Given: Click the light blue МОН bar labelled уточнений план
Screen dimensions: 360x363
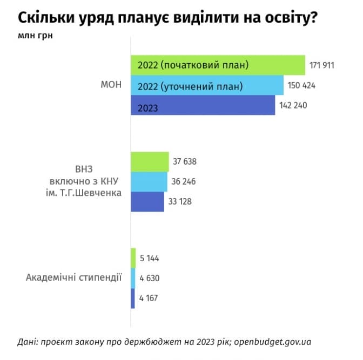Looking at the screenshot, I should click(207, 85).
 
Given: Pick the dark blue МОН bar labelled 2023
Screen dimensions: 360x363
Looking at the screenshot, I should click(203, 105).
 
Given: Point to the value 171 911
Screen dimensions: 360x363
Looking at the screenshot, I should click(322, 65).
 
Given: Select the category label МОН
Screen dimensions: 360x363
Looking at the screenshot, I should click(111, 85).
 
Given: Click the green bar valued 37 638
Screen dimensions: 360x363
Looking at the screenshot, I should click(150, 161).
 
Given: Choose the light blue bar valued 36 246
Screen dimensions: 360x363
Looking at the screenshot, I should click(149, 181).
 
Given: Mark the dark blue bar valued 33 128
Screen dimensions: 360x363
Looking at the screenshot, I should click(147, 201).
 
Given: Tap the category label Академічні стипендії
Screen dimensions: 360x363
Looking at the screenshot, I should click(74, 277).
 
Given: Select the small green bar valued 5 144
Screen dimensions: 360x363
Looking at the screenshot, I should click(133, 258).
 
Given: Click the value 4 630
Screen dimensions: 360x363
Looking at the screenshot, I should click(150, 278).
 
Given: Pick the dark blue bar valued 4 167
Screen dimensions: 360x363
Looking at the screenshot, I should click(133, 298).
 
